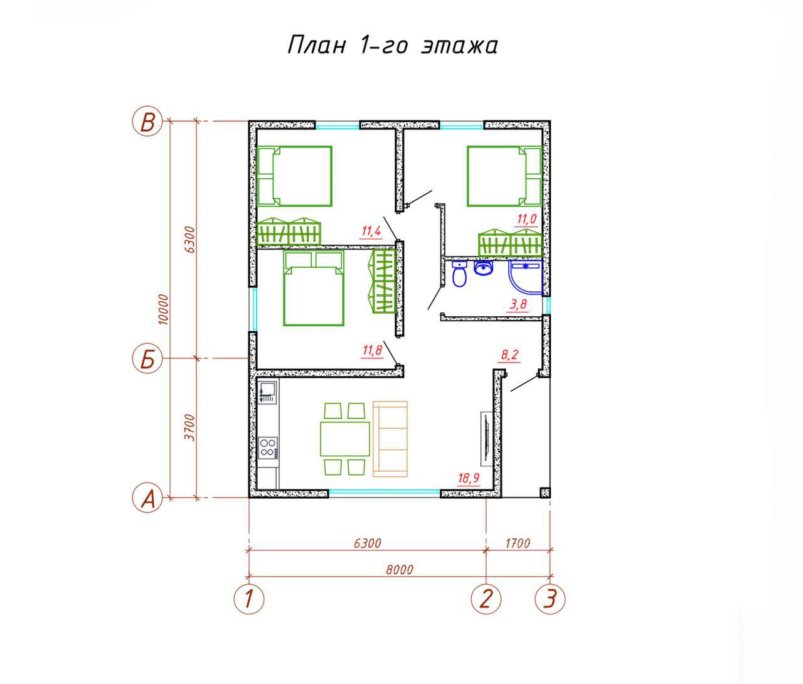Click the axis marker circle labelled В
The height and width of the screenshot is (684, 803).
147,121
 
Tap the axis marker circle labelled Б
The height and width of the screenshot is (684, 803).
147,359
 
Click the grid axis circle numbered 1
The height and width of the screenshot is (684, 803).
249,599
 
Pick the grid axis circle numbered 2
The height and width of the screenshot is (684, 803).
486,599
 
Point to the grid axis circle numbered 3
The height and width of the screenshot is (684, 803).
550,599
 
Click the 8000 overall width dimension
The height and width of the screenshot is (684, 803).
400,569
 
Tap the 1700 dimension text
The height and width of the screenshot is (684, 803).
518,543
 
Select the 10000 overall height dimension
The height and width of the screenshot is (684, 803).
164,309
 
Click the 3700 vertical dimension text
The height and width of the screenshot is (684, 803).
189,427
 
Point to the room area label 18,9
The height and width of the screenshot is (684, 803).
469,478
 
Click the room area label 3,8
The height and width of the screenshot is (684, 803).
518,304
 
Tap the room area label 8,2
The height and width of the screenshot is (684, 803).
509,355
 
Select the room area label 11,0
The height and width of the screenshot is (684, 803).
526,219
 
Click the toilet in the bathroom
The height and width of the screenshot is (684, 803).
460,274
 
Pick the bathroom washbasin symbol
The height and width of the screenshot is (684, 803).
483,268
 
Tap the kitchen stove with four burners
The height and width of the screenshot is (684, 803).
268,447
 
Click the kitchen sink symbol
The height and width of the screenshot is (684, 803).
268,392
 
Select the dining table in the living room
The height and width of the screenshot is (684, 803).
345,439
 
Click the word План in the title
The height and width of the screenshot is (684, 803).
317,45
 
